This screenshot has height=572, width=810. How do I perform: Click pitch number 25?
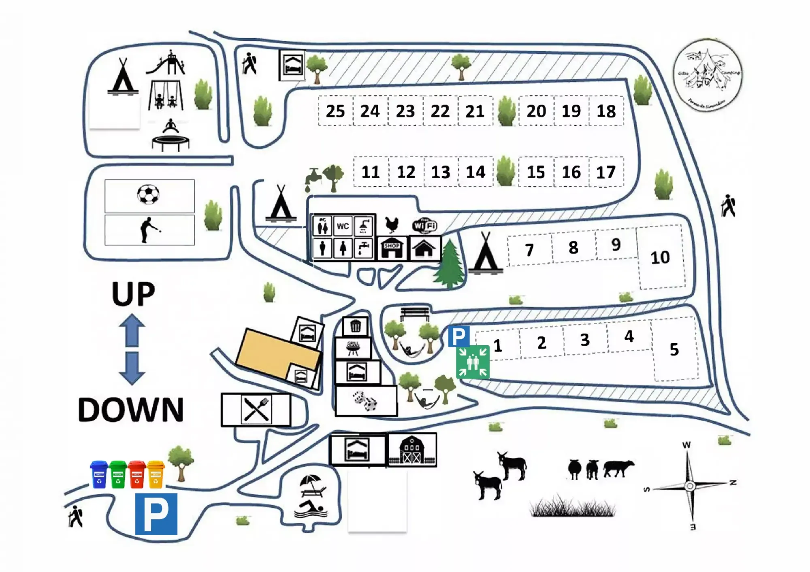335,111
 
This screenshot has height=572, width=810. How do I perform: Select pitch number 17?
606,172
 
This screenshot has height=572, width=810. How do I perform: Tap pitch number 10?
660,257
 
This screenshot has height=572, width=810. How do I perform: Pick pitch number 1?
498,346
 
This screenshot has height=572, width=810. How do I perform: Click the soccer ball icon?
148,195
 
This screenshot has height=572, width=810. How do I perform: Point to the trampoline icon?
171,136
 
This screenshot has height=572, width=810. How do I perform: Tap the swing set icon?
166,96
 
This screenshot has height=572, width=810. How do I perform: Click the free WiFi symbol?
424,225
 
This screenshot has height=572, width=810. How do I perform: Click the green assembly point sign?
473,362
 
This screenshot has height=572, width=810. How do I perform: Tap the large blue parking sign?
156,513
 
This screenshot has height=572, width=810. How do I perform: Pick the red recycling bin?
137,474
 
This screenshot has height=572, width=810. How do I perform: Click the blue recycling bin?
99,474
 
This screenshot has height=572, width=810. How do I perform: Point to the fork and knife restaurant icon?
256,409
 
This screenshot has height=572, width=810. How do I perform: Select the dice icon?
366,401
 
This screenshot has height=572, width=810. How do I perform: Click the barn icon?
412,450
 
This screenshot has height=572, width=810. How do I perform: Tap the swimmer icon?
311,509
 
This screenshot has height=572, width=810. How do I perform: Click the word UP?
133,294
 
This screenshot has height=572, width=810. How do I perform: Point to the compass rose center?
689,485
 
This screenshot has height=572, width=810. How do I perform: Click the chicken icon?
392,224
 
